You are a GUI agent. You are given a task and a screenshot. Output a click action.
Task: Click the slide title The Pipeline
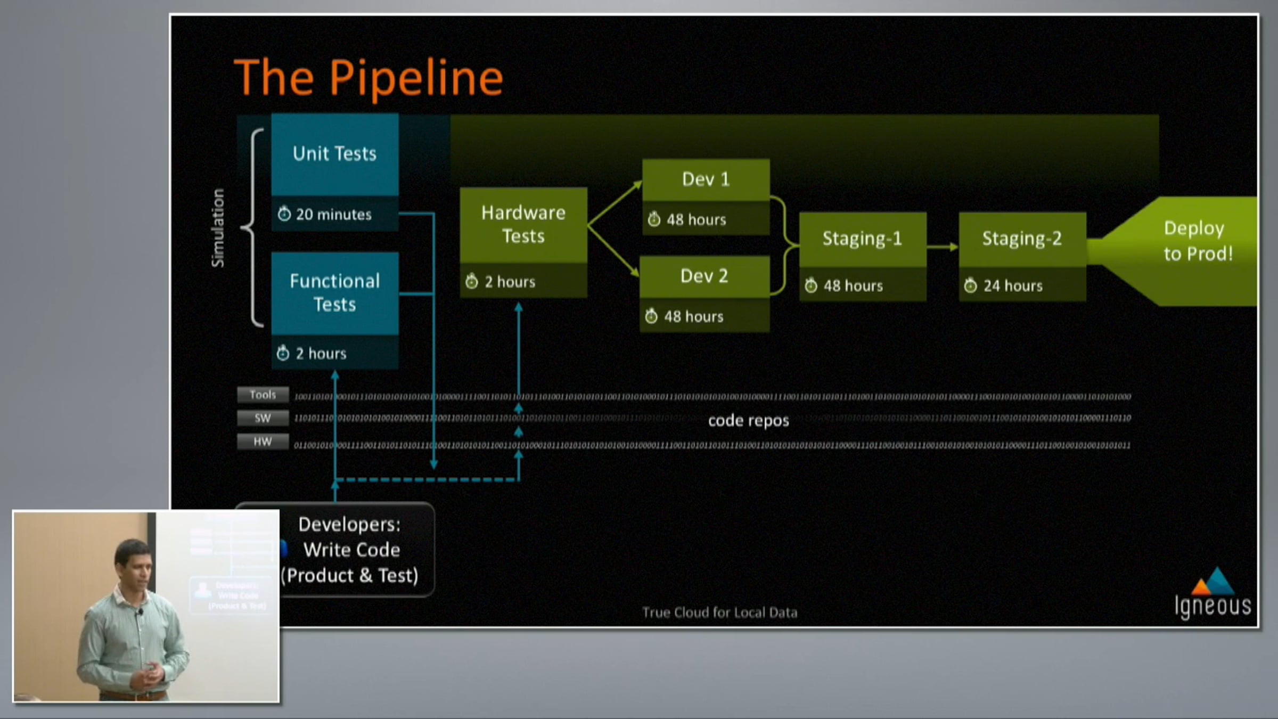coord(368,78)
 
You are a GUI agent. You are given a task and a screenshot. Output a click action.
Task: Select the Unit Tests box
coord(334,154)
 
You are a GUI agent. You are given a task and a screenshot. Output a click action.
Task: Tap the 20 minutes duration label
coord(333,215)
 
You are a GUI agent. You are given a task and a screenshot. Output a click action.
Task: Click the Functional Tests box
coord(334,292)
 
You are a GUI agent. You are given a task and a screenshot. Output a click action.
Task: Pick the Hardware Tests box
coord(523,224)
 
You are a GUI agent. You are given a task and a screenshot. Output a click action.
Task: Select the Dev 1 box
coord(706,179)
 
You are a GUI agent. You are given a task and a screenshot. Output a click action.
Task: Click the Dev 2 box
coord(704,276)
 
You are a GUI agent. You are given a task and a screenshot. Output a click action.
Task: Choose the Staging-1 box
coord(862,239)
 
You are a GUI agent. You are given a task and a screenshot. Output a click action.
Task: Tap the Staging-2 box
coord(1022,239)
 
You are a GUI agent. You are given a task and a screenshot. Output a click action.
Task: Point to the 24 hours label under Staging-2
coord(1012,286)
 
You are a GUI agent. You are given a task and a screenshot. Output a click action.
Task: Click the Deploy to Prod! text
coord(1198,241)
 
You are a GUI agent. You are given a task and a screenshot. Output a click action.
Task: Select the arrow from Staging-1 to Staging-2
coord(943,247)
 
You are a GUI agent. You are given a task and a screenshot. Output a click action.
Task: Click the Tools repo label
coord(263,395)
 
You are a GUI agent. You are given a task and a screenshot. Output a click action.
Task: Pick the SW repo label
coord(263,418)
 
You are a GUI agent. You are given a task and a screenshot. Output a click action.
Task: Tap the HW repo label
coord(263,442)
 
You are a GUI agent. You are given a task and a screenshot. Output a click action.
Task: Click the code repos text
coord(748,421)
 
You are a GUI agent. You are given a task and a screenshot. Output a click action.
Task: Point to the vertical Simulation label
coord(218,227)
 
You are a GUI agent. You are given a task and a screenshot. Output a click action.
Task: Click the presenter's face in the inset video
coord(134,564)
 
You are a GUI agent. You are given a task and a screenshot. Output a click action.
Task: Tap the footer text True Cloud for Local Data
coord(719,612)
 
